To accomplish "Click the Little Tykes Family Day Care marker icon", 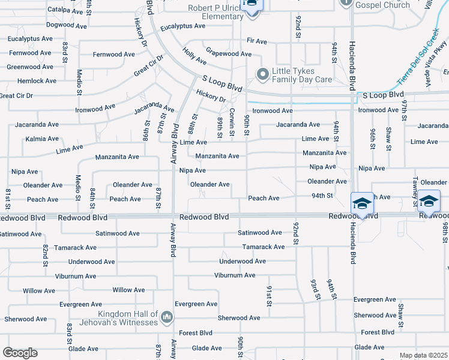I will (262, 74).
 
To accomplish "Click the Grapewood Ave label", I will (228, 54).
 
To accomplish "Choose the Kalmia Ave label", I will (25, 139).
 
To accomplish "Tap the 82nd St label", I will (45, 252).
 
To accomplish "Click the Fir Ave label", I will (256, 41).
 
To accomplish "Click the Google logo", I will (20, 353).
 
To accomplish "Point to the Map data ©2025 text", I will (423, 355).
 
